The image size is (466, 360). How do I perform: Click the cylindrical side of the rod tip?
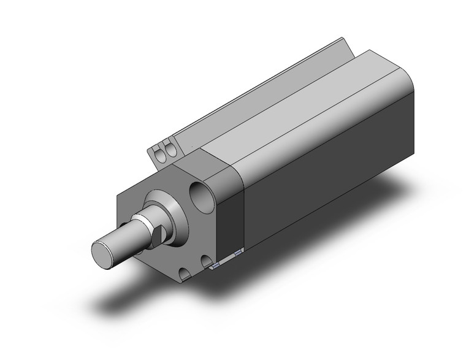pos(123,242)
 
